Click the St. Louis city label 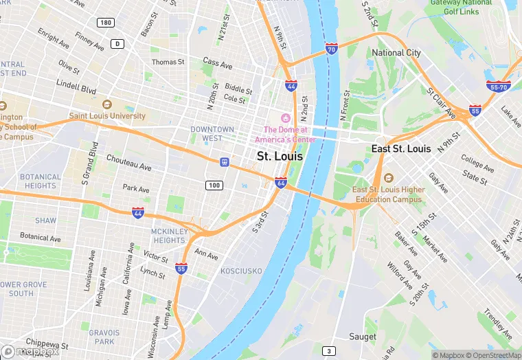(280, 156)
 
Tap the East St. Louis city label (401, 148)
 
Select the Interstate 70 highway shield (332, 49)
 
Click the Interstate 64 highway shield (281, 182)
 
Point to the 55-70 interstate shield (498, 86)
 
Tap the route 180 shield (105, 23)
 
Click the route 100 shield (214, 185)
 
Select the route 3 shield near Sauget (329, 351)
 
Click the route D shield (118, 44)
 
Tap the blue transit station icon (224, 162)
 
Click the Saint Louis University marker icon (106, 104)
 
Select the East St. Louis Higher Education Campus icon (388, 178)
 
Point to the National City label (396, 53)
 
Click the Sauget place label (362, 337)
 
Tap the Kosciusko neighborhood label (241, 271)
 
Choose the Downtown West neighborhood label (212, 133)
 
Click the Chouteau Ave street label (128, 165)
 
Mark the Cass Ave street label (217, 63)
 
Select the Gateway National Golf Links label (461, 8)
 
